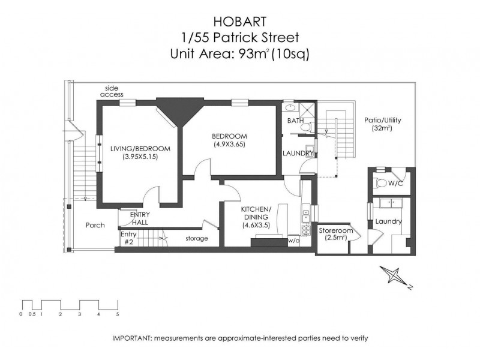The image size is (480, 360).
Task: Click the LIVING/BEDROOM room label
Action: [x=139, y=148]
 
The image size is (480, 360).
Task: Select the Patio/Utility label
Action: [x=382, y=120]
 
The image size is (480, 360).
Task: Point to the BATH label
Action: [x=295, y=121]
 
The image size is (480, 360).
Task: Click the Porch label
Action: [x=95, y=226]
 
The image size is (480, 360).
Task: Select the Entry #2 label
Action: [x=128, y=238]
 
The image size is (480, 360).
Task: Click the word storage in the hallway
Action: [x=196, y=238]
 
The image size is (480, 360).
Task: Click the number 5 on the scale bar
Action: [x=118, y=314]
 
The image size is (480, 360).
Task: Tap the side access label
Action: [x=112, y=91]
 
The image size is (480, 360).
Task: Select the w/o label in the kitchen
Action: [x=293, y=240]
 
